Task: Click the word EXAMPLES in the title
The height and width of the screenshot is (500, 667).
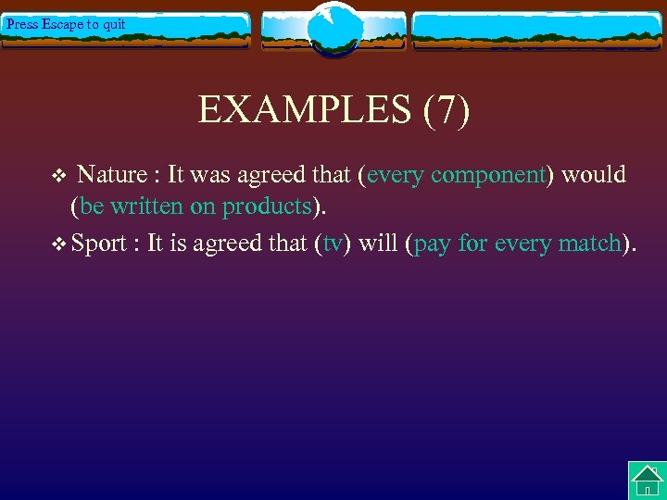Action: click(305, 110)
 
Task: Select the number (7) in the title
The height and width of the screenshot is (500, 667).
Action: click(447, 110)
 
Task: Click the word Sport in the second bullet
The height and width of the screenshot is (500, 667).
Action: click(99, 244)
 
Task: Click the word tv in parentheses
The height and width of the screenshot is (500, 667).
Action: click(333, 244)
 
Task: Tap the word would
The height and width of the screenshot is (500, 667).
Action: click(594, 174)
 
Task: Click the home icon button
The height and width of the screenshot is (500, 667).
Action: click(647, 480)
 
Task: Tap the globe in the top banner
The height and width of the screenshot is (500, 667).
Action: click(333, 29)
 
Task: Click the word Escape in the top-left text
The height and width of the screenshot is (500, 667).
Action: click(62, 24)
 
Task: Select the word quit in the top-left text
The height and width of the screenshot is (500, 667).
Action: click(114, 24)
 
